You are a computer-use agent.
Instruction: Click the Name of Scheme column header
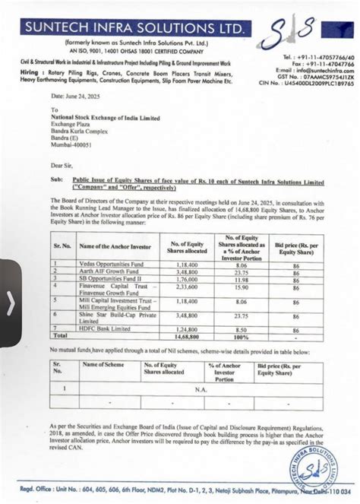pos(103,365)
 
